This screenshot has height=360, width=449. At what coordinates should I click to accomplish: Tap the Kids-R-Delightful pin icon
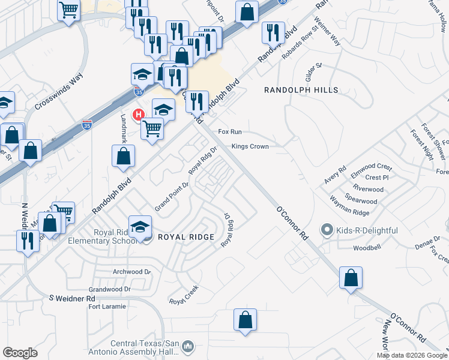tap(327, 229)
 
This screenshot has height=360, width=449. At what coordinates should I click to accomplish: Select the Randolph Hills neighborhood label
tap(301, 90)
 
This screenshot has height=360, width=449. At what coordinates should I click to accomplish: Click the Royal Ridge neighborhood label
tap(185, 237)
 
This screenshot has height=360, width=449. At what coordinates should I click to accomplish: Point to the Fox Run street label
tap(229, 131)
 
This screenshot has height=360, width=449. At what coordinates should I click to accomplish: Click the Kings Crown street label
tap(250, 146)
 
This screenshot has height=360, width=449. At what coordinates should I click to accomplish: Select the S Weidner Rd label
tap(72, 298)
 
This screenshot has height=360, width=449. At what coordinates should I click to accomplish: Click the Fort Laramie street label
tap(107, 307)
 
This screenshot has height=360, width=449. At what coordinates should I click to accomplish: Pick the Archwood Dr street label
tap(131, 272)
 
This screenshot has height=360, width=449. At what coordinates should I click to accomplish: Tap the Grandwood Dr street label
tap(109, 289)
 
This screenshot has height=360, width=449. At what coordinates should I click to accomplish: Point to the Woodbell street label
tap(367, 247)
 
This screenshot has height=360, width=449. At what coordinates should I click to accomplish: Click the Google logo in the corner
tap(20, 353)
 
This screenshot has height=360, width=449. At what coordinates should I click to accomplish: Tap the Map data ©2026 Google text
tap(411, 355)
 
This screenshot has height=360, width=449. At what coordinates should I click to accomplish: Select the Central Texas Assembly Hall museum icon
tap(187, 346)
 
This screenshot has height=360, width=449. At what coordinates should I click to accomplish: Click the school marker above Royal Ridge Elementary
tap(140, 227)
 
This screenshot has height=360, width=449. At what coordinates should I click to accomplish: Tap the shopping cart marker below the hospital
tap(152, 128)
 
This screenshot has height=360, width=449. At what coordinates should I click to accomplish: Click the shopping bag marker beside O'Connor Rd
tap(351, 278)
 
